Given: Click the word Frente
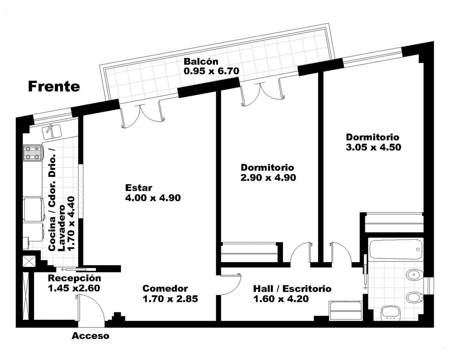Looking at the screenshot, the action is click(54, 87).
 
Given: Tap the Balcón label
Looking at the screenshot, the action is click(201, 62).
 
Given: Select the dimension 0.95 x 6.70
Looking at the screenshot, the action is click(211, 71).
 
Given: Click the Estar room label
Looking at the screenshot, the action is click(139, 188).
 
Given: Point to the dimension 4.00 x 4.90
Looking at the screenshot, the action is click(153, 198).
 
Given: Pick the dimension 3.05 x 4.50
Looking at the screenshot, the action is click(373, 147).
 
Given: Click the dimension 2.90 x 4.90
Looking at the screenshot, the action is click(268, 178).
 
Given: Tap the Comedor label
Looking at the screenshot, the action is click(165, 289).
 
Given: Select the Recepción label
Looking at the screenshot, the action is click(74, 279).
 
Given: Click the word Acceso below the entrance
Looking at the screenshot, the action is click(90, 336).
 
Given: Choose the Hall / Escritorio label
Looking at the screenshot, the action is click(292, 289).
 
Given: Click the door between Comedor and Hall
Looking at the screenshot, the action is click(231, 285).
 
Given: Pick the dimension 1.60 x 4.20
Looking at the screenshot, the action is click(281, 299).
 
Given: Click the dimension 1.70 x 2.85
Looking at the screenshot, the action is click(170, 299).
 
